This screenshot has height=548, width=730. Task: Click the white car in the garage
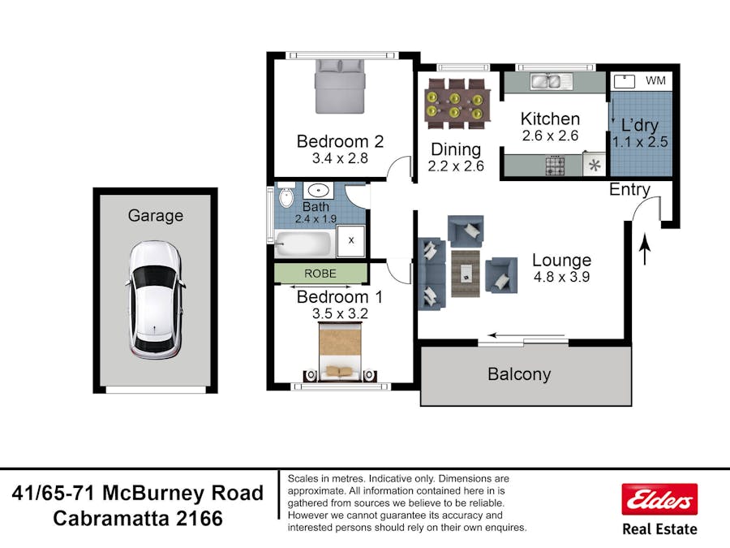click(x=155, y=300)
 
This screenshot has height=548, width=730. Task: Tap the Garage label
click(x=156, y=216)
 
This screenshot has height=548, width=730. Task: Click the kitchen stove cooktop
click(x=555, y=166)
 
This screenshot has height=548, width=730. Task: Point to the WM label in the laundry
click(x=655, y=80)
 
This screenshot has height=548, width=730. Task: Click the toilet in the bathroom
click(x=286, y=196)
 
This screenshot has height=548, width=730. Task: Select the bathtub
click(x=303, y=244)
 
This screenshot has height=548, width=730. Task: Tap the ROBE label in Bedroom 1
click(x=320, y=274)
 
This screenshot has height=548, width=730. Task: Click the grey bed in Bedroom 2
click(x=339, y=87)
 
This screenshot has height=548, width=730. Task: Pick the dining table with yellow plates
click(x=457, y=104)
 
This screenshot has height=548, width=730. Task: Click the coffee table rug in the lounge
click(x=466, y=273)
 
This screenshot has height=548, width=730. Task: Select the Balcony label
click(x=519, y=374)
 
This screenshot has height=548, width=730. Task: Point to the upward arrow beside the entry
click(x=645, y=249)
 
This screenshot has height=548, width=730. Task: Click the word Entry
click(x=629, y=190)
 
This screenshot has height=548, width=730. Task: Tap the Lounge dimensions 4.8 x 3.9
click(x=561, y=277)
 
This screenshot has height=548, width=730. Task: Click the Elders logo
click(x=659, y=499)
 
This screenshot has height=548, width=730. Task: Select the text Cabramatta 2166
click(x=138, y=519)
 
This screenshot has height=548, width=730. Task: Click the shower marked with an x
click(x=351, y=240)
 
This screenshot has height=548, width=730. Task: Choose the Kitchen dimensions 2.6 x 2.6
click(x=550, y=136)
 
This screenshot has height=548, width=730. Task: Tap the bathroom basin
click(x=318, y=191)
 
